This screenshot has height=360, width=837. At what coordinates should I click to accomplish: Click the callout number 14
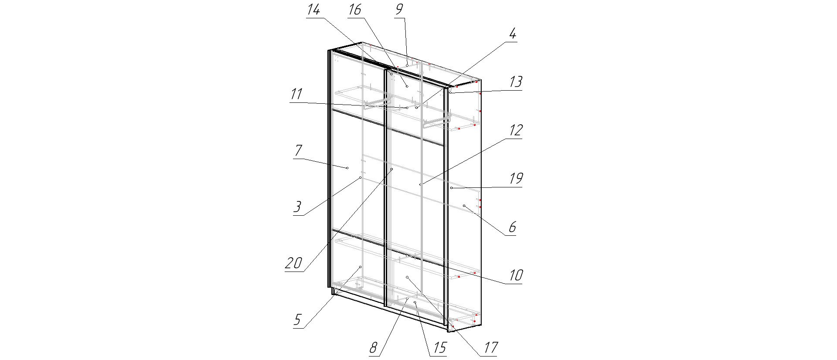313,10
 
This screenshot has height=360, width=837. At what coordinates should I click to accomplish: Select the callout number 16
355,10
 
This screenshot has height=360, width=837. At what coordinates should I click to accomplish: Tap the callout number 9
400,10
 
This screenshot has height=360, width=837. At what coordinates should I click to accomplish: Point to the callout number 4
513,34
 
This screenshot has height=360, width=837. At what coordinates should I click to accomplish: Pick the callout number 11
296,94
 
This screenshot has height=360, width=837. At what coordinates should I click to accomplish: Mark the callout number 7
298,151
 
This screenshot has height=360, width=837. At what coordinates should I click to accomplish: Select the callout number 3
297,207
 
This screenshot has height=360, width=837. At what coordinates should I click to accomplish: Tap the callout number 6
512,227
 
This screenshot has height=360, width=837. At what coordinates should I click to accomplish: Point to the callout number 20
294,263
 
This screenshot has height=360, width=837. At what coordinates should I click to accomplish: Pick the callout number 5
297,320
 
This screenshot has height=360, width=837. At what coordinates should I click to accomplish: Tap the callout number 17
490,348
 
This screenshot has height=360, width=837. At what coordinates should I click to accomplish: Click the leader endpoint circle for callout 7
347,168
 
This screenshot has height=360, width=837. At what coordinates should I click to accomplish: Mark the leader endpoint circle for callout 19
452,188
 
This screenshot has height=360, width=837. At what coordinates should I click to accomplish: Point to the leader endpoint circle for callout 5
361,267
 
